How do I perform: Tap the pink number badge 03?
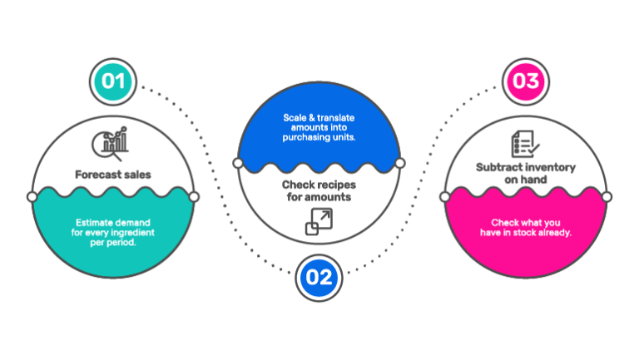click(526, 81)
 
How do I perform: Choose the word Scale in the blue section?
click(294, 121)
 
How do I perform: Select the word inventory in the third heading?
click(551, 167)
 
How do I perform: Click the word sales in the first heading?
click(136, 175)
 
